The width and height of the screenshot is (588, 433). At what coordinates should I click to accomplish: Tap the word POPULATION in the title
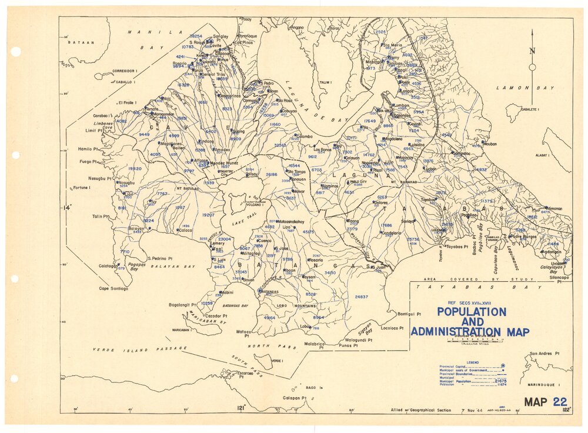(x=469, y=311)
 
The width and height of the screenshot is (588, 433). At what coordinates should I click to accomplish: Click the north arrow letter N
(x=532, y=51)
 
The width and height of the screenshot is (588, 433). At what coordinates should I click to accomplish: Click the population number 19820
(x=135, y=168)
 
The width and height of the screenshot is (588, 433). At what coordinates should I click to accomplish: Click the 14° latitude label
(x=68, y=208)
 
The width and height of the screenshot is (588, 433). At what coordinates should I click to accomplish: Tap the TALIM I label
(x=323, y=83)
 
